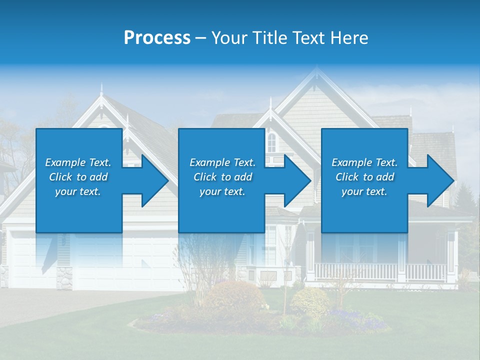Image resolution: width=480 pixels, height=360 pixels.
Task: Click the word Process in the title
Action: (157, 38)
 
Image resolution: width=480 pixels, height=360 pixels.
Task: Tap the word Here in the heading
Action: (349, 38)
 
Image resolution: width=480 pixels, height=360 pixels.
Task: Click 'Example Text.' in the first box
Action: (78, 162)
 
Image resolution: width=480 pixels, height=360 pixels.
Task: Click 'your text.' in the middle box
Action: (222, 191)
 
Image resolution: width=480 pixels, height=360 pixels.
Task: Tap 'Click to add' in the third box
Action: (364, 177)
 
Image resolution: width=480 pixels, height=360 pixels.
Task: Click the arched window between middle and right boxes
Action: (271, 142)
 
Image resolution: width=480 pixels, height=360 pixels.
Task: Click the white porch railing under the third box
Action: (380, 272)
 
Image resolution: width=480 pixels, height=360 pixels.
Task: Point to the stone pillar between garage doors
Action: (64, 278)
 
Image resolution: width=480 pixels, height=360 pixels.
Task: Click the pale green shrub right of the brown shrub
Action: (309, 301)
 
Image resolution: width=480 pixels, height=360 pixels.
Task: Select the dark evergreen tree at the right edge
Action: (467, 197)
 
